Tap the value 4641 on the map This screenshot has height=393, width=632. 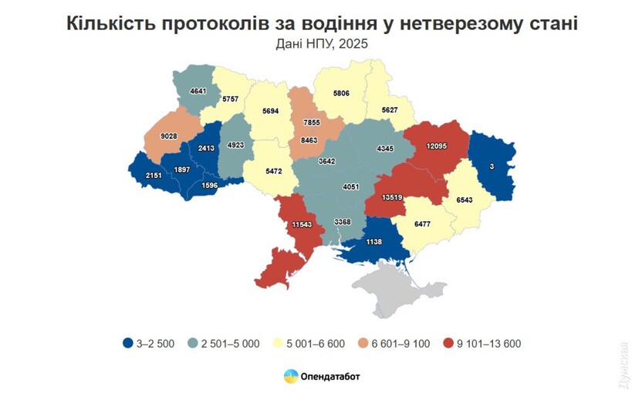pos(198,91)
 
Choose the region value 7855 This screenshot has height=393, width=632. pos(312,123)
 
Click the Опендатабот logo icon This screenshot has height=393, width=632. pos(291,376)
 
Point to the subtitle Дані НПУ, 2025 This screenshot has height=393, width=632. pos(322,44)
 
